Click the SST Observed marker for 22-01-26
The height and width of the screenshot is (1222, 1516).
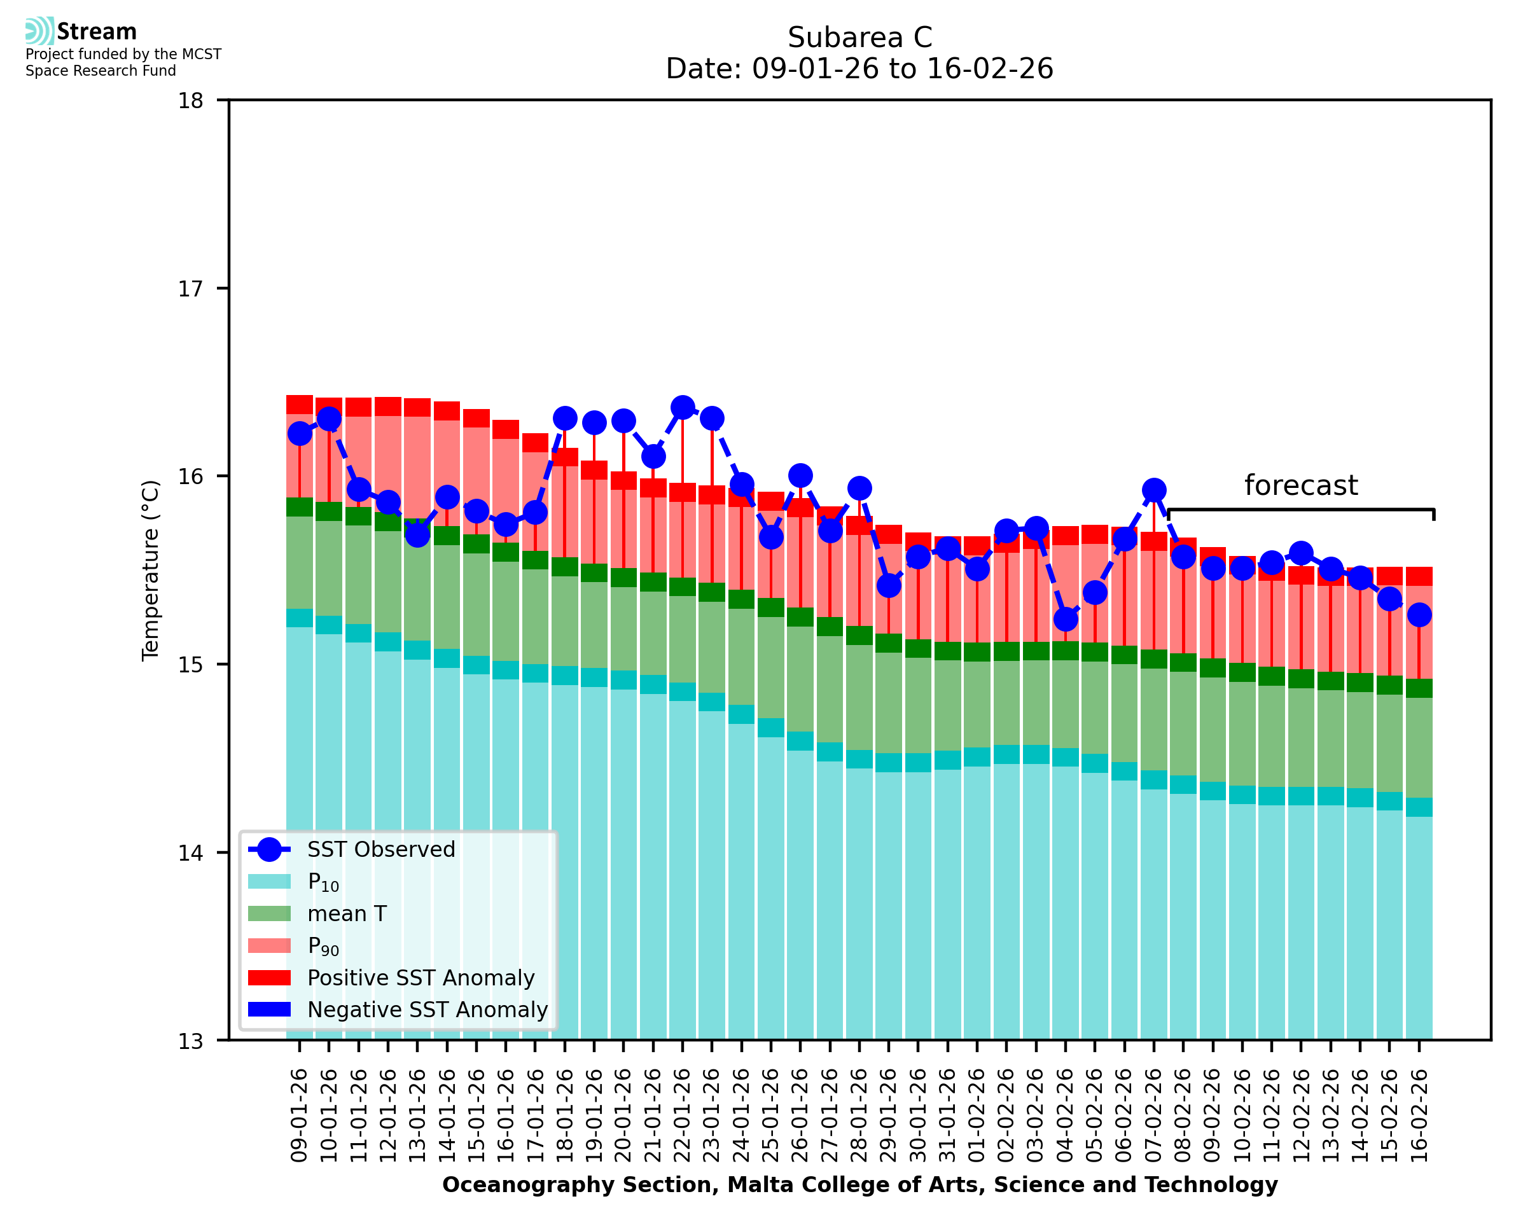click(x=682, y=408)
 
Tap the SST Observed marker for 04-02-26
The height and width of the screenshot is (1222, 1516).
click(x=1065, y=620)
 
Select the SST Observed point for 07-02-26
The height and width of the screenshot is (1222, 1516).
click(x=1153, y=490)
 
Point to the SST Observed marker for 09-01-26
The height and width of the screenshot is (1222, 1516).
click(x=300, y=434)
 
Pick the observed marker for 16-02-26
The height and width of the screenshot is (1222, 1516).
click(x=1418, y=614)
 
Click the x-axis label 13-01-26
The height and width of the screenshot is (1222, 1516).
click(x=417, y=1115)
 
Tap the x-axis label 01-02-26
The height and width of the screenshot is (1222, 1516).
click(x=977, y=1115)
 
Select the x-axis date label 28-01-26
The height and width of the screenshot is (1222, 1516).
click(x=859, y=1115)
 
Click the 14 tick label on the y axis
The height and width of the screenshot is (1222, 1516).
click(x=190, y=853)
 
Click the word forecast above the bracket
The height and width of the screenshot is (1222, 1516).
click(x=1300, y=486)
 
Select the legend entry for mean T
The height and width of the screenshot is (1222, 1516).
click(x=347, y=913)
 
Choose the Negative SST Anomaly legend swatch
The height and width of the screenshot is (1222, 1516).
click(x=269, y=1010)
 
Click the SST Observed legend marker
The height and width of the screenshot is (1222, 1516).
click(x=269, y=850)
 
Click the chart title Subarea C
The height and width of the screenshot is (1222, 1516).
click(x=859, y=38)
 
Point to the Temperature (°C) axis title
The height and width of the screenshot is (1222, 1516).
click(x=151, y=570)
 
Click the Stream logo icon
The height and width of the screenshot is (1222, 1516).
click(x=39, y=31)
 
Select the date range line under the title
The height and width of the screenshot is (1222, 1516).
click(x=859, y=69)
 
